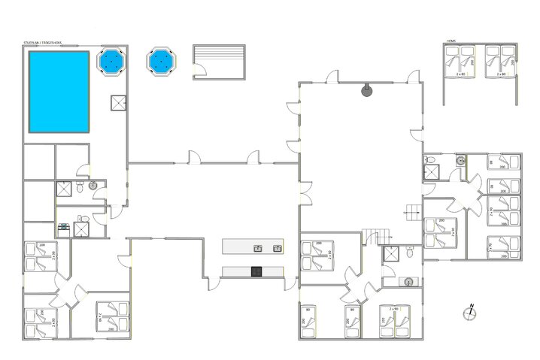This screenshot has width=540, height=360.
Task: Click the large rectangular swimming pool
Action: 59,92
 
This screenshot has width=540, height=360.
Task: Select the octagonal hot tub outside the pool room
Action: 160,61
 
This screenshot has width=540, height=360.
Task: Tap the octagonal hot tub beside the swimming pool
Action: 112,61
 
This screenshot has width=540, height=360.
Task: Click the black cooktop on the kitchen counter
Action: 256,271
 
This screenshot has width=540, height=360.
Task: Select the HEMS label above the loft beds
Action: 451,41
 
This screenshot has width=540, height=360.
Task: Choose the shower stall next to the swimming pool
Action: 119,102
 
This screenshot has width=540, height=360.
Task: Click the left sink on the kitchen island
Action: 257,247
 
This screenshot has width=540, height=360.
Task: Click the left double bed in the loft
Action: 460,62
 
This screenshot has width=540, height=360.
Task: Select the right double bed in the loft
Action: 499,62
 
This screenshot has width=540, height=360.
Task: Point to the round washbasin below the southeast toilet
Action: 408,282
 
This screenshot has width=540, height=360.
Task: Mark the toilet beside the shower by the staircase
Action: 409,253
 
